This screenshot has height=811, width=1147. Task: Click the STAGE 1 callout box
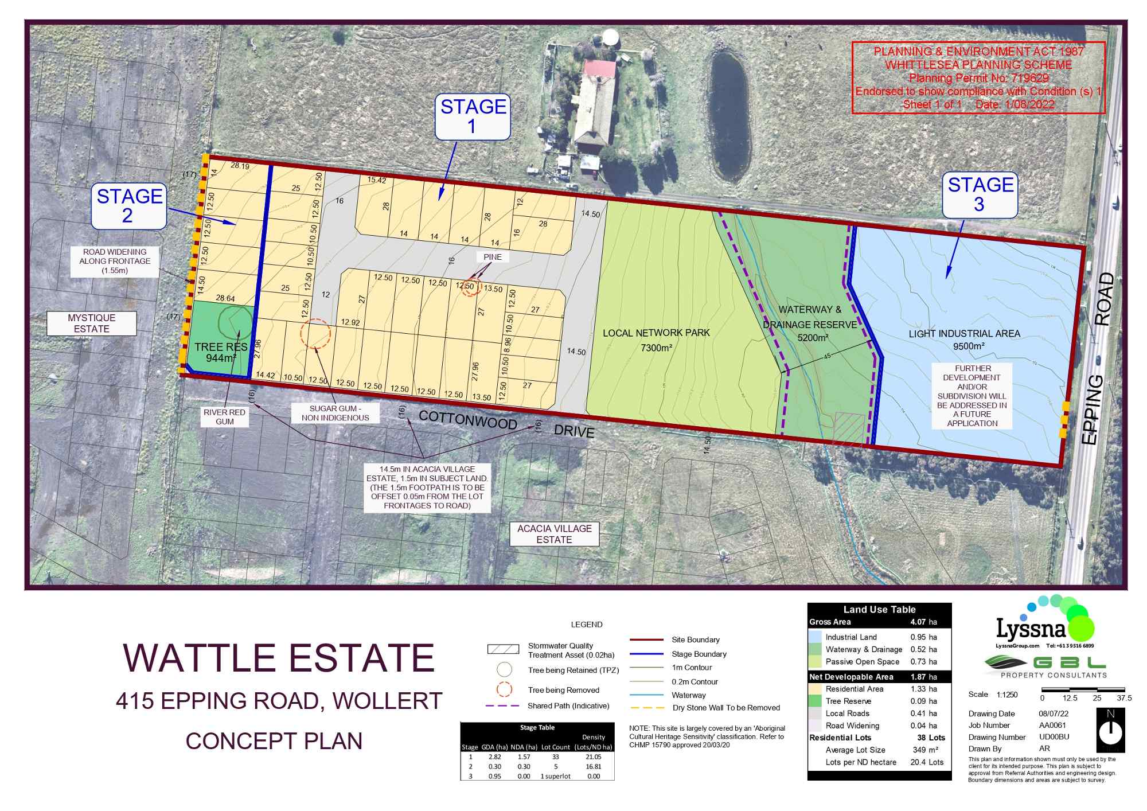(473, 116)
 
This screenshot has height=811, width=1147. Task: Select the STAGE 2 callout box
(129, 206)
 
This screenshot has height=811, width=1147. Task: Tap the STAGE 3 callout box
(980, 195)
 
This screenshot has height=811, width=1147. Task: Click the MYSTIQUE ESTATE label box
(92, 323)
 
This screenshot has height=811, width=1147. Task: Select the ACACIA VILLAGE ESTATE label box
(554, 534)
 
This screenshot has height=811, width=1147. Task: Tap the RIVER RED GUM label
(224, 417)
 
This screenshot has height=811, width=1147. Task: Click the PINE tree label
(492, 257)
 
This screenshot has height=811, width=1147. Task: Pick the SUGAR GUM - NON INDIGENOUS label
(335, 413)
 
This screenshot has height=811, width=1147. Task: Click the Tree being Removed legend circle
(504, 689)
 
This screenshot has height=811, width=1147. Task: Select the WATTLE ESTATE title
(279, 657)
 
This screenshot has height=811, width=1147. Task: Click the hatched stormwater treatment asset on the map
(849, 427)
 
